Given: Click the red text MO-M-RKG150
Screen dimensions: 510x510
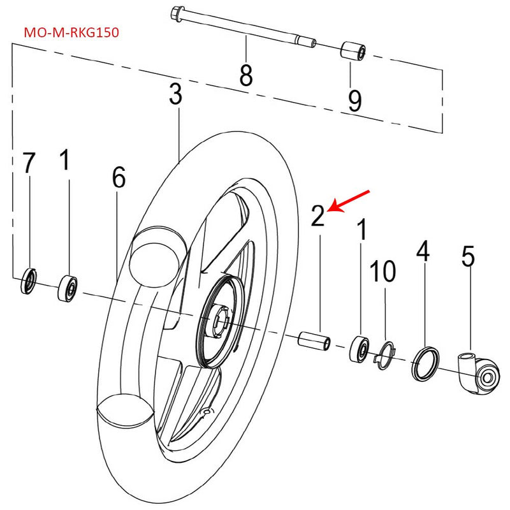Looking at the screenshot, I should coord(71,31).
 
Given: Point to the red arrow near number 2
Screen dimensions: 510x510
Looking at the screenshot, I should coord(350,200).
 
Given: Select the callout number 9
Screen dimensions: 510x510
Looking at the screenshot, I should coord(354,99).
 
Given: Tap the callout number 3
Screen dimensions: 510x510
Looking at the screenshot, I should coord(176,95).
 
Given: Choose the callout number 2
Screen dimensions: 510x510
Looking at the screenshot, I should coord(318,216).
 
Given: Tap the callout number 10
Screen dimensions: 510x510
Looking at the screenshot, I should coord(384,272).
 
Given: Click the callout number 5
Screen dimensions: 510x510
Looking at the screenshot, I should coord(469,256).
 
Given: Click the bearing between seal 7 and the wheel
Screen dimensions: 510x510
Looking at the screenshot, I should coord(68,288).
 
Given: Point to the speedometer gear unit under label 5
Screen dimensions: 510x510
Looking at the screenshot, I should coord(480,372).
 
